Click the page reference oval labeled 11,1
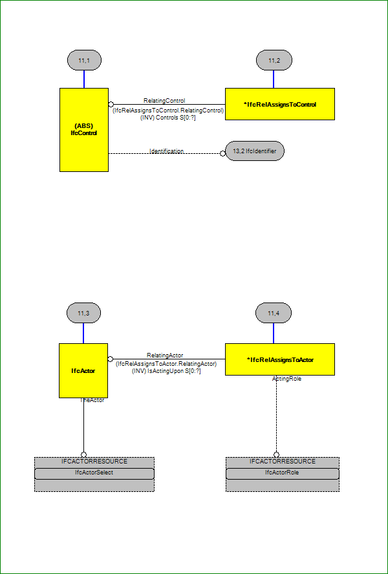pyautogui.click(x=84, y=60)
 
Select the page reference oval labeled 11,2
pyautogui.click(x=274, y=60)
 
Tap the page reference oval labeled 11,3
pyautogui.click(x=83, y=313)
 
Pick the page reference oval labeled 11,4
pyautogui.click(x=274, y=313)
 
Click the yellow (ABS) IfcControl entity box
pyautogui.click(x=84, y=129)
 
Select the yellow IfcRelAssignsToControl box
pyautogui.click(x=280, y=104)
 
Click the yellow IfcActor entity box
pyautogui.click(x=83, y=370)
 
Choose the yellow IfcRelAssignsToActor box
pyautogui.click(x=280, y=359)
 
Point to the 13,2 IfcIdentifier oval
pyautogui.click(x=255, y=151)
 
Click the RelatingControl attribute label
pyautogui.click(x=164, y=100)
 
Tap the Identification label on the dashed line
pyautogui.click(x=166, y=151)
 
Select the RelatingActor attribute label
pyautogui.click(x=165, y=355)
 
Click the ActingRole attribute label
pyautogui.click(x=286, y=379)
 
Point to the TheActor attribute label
pyautogui.click(x=92, y=400)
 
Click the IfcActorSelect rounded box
pyautogui.click(x=94, y=473)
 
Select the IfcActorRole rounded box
pyautogui.click(x=282, y=473)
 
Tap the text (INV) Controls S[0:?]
pyautogui.click(x=167, y=118)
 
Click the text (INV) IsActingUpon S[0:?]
pyautogui.click(x=166, y=370)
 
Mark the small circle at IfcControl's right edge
pyautogui.click(x=111, y=104)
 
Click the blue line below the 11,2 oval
pyautogui.click(x=274, y=79)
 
